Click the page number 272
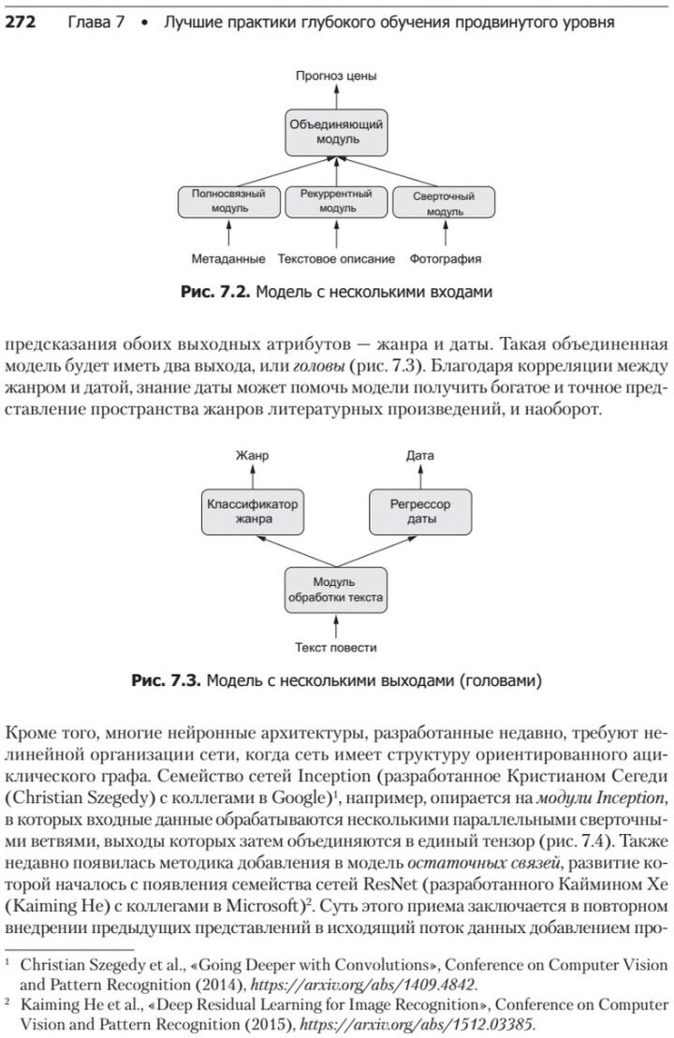(x=20, y=22)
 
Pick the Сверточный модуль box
(x=445, y=203)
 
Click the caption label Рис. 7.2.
(x=215, y=292)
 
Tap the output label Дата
(x=419, y=456)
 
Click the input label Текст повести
(x=335, y=647)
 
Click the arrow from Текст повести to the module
(x=335, y=625)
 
